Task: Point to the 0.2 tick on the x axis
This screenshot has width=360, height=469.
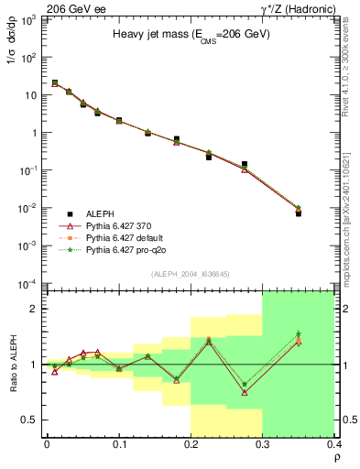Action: point(191,444)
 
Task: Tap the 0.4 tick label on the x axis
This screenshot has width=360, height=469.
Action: point(333,444)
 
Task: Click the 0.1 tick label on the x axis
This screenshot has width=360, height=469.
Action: point(119,444)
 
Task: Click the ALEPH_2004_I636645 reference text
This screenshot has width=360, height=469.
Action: point(190,274)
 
